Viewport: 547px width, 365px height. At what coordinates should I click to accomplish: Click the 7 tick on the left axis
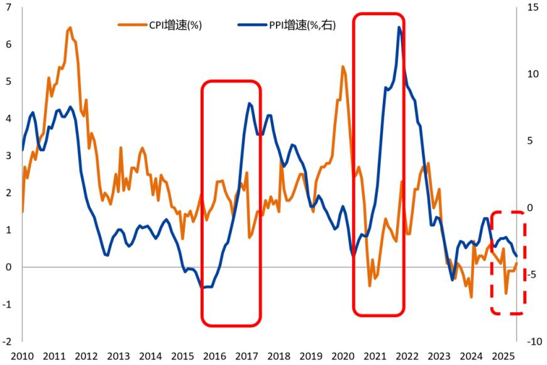pyautogui.click(x=9, y=8)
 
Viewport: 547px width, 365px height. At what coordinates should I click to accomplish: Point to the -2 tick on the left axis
pyautogui.click(x=8, y=341)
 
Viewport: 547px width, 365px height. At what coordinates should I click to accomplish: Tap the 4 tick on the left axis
pyautogui.click(x=9, y=118)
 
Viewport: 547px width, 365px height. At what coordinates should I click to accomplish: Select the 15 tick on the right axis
pyautogui.click(x=533, y=8)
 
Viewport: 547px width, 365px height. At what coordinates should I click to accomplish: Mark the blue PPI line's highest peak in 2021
pyautogui.click(x=399, y=27)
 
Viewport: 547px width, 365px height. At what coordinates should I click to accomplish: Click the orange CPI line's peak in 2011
pyautogui.click(x=70, y=27)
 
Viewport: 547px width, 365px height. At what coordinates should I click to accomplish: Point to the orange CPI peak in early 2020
pyautogui.click(x=343, y=66)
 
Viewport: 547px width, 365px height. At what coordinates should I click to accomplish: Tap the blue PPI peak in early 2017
pyautogui.click(x=250, y=103)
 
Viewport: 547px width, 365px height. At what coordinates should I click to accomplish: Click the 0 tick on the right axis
pyautogui.click(x=529, y=208)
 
